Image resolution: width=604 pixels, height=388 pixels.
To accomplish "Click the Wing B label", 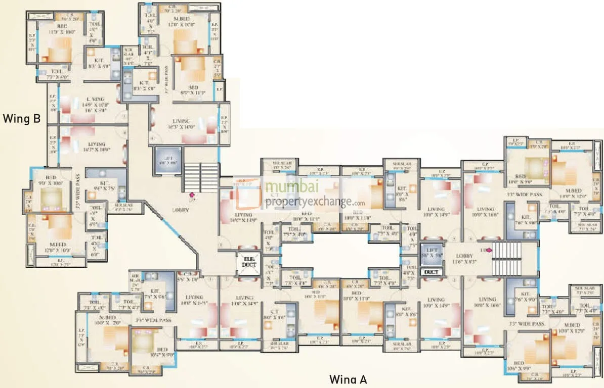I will click(21, 119).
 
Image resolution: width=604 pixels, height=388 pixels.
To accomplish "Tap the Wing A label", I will click(348, 379).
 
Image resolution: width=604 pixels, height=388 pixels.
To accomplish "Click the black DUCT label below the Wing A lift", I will click(432, 272).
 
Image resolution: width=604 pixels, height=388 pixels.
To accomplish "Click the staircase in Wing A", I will click(507, 258).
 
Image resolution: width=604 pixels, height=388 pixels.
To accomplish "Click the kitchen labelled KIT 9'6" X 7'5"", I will click(105, 183).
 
